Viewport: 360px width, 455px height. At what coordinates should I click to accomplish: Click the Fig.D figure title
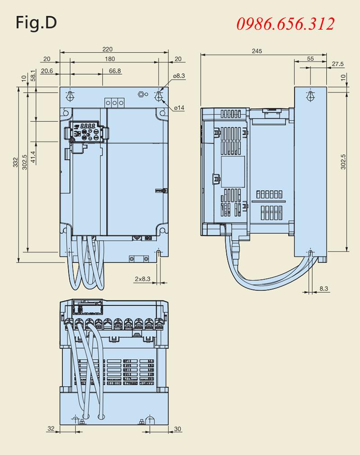pos(36,22)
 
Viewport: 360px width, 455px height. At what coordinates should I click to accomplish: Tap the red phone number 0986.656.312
pos(286,23)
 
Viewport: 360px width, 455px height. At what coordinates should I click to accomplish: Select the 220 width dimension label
pos(107,49)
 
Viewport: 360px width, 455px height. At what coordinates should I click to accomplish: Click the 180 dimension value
pos(110,59)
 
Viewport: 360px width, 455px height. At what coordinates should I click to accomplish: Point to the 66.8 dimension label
pos(115,71)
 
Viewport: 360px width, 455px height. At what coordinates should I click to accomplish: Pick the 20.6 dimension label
pos(47,71)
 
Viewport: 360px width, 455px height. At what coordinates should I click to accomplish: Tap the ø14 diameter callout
pos(179,108)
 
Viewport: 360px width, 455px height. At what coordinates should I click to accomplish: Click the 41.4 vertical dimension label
pos(33,157)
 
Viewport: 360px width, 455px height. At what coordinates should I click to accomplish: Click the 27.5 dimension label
pos(338,64)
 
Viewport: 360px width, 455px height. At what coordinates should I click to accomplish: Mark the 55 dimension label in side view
pos(310,58)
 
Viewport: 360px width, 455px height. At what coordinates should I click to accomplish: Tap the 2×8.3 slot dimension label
pos(143,279)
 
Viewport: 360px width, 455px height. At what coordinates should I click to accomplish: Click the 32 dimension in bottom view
pos(50,429)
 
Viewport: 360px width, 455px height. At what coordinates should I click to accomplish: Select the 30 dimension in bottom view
pos(178,429)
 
